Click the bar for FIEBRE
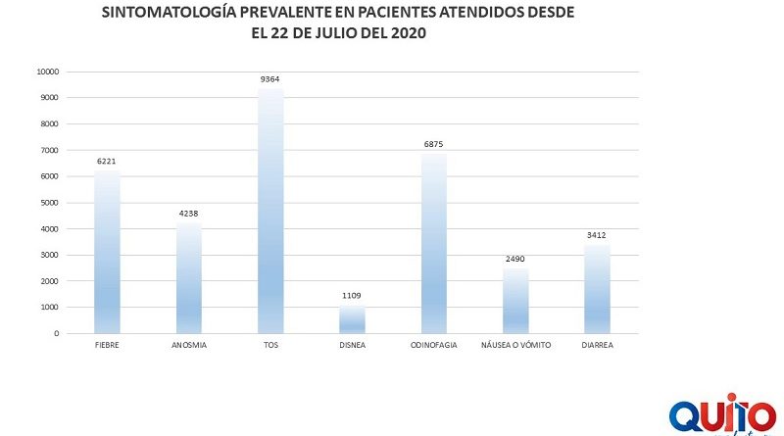(x=107, y=252)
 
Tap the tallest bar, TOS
(x=270, y=211)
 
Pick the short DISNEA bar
(x=352, y=319)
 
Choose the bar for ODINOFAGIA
(x=434, y=243)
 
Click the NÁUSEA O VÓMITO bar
(x=515, y=301)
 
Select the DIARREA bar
(x=597, y=288)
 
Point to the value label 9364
(x=270, y=79)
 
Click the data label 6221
(x=107, y=162)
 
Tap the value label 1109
(x=352, y=296)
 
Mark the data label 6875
(x=434, y=145)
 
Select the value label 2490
(x=515, y=260)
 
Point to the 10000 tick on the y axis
(x=47, y=72)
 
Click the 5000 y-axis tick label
(x=49, y=203)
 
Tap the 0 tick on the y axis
(x=57, y=333)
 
